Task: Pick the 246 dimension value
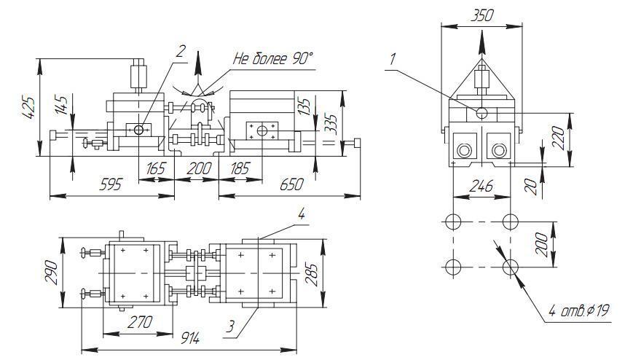point(481,187)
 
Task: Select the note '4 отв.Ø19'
point(579,311)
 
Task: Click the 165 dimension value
point(155,168)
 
